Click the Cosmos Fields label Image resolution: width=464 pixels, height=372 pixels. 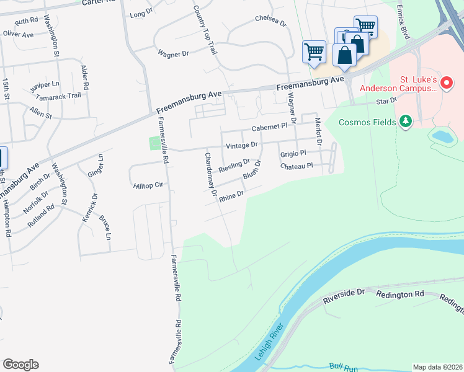pyautogui.click(x=367, y=122)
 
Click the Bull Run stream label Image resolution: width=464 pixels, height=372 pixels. pyautogui.click(x=344, y=367)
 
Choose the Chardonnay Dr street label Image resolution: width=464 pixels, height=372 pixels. pyautogui.click(x=208, y=174)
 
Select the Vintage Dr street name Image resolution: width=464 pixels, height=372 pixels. pyautogui.click(x=241, y=146)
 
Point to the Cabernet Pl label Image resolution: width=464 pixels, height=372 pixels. pyautogui.click(x=269, y=126)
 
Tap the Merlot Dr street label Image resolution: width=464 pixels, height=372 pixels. pyautogui.click(x=318, y=131)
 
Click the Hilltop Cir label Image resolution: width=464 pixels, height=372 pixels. pyautogui.click(x=147, y=185)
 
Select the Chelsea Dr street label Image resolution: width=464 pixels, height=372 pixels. pyautogui.click(x=271, y=21)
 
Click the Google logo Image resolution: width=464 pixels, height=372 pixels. pyautogui.click(x=20, y=364)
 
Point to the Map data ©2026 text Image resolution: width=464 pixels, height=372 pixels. pyautogui.click(x=437, y=367)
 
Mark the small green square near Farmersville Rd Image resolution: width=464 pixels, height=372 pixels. pyautogui.click(x=154, y=143)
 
